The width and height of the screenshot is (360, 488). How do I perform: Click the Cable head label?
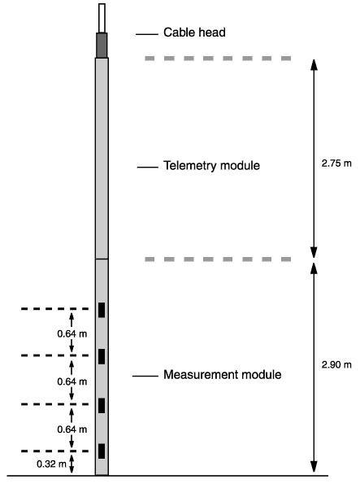[194, 33]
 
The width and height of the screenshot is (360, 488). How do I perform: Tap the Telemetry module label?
[211, 165]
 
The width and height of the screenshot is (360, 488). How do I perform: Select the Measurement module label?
[223, 374]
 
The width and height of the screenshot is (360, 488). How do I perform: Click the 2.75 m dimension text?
[336, 163]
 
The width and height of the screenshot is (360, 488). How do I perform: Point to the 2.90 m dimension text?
[336, 364]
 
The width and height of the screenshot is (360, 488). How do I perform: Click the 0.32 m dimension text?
[51, 464]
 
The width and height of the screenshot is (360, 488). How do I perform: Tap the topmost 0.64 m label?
[72, 333]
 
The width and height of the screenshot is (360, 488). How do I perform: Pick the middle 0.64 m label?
[72, 381]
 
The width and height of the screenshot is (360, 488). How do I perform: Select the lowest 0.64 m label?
[72, 429]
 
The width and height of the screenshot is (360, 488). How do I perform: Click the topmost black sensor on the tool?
[102, 310]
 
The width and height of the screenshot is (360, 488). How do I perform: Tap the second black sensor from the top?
[102, 356]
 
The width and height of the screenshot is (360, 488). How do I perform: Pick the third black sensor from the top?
[102, 405]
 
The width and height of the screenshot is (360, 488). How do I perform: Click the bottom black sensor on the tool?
[102, 451]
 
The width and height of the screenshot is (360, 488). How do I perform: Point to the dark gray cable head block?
[102, 46]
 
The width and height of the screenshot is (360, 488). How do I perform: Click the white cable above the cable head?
[102, 18]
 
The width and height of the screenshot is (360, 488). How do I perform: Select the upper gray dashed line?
[218, 59]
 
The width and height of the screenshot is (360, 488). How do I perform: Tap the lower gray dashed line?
[218, 259]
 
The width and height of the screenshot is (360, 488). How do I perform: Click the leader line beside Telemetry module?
[148, 167]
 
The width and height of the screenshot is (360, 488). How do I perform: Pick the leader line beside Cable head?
[147, 34]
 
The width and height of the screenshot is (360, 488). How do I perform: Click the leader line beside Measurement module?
[145, 376]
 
